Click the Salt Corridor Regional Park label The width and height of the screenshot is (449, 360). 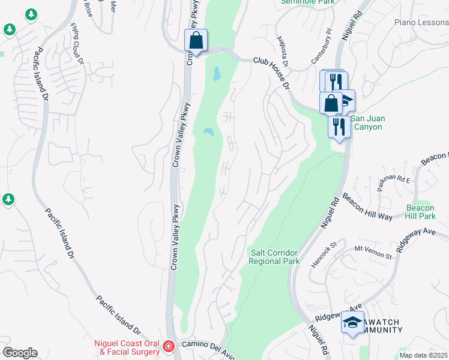274,257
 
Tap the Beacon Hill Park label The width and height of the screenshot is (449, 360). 420,211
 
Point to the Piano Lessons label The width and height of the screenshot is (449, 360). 421,22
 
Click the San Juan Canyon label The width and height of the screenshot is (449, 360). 366,122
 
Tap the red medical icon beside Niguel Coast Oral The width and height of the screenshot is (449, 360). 169,346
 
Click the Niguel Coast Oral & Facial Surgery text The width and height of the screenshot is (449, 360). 127,347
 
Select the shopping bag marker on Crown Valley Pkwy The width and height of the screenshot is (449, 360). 196,41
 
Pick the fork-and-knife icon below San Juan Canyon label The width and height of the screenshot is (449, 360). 339,127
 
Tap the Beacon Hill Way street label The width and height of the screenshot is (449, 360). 367,206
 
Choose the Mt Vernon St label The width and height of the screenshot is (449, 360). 373,252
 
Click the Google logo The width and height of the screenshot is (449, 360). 20,353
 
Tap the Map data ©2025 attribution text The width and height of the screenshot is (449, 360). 423,355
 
